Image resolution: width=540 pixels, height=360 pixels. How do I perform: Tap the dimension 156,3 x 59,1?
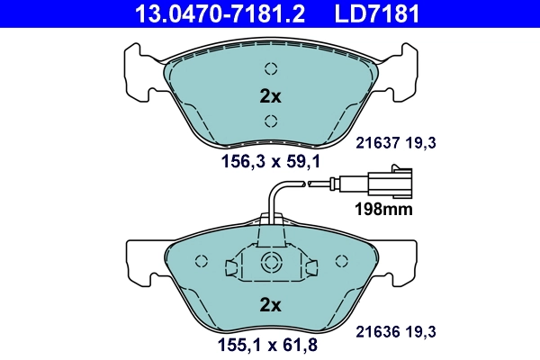point(270,162)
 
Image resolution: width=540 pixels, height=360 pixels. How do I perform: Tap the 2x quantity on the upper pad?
point(270,95)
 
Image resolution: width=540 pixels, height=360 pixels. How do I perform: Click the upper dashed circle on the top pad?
point(271,68)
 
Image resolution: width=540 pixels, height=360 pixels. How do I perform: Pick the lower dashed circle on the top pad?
point(271,121)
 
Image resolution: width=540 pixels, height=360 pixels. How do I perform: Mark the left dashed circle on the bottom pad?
point(202,261)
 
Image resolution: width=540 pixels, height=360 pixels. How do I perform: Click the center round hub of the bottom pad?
point(271,262)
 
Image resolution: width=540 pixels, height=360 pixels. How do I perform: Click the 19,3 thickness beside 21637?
point(424,142)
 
